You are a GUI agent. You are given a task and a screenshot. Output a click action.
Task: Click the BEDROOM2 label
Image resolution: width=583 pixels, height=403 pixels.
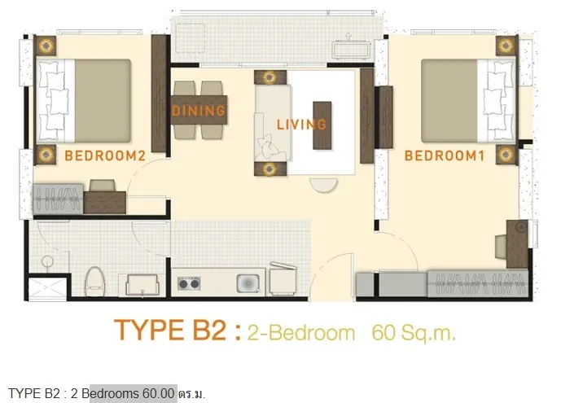click(104, 156)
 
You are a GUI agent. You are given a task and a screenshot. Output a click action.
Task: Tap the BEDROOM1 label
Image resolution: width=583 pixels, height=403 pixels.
click(445, 156)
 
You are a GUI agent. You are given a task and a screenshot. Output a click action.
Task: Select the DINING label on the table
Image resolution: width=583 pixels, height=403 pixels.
click(199, 111)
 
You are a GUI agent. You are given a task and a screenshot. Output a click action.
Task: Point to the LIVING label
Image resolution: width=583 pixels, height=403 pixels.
click(301, 125)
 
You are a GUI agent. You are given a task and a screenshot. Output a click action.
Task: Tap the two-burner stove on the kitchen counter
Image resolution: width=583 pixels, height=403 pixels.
click(189, 283)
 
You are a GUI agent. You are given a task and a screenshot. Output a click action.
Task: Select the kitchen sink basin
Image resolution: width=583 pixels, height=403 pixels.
click(248, 283)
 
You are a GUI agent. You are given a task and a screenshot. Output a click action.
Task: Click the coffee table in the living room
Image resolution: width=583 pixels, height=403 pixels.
click(322, 125)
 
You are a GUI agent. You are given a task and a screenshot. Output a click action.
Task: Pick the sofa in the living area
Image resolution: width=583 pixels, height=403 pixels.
click(272, 123)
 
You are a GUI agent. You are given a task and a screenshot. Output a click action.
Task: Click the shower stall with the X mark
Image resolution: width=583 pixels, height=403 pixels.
click(47, 288)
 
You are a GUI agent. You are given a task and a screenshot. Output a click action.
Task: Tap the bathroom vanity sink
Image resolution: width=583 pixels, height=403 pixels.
click(142, 285)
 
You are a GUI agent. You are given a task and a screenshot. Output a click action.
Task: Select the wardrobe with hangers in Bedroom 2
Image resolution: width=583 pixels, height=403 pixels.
click(58, 199)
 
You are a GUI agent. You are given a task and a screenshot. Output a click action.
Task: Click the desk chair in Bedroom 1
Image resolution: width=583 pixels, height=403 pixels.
click(501, 246)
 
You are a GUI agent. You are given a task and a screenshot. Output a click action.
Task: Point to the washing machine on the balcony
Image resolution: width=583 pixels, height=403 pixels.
click(352, 50)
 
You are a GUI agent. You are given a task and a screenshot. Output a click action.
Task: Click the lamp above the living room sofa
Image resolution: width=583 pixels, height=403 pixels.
click(270, 77)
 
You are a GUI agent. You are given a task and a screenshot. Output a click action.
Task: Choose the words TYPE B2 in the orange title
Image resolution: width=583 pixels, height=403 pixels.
click(170, 330)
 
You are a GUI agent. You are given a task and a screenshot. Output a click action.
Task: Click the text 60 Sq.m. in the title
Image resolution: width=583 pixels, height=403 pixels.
click(414, 332)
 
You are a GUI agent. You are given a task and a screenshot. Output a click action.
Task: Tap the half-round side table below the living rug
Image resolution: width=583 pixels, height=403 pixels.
click(324, 185)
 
